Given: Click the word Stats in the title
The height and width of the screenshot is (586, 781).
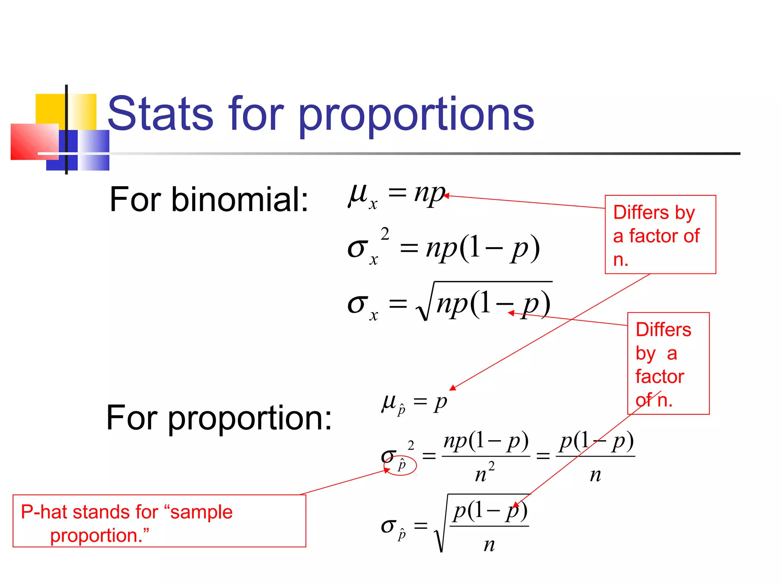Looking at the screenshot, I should (x=160, y=114).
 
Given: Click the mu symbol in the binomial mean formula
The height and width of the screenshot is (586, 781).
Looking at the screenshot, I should (x=358, y=195).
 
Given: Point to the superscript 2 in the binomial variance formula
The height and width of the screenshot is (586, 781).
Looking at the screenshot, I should (x=385, y=234).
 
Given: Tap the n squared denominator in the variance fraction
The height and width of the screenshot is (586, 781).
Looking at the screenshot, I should (x=485, y=473).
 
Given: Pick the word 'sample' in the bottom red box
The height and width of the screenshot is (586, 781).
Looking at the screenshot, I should (x=201, y=512).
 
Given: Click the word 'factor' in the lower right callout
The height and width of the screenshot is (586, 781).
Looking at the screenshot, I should (x=659, y=377).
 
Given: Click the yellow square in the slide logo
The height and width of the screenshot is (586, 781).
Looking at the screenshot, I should (x=50, y=108).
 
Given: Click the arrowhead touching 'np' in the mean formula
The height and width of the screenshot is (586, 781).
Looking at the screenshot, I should (x=446, y=196).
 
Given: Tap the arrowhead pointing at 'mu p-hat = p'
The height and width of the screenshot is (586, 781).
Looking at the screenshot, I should (x=452, y=388).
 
